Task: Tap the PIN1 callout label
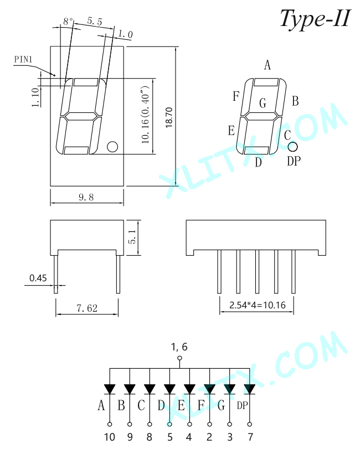[x=23, y=59]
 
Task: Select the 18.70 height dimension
[x=169, y=117]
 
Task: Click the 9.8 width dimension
[x=86, y=197]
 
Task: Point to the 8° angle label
[x=68, y=22]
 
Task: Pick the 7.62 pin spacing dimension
[x=87, y=308]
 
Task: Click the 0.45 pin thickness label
[x=38, y=278]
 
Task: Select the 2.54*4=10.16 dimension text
[x=258, y=305]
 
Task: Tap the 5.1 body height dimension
[x=132, y=237]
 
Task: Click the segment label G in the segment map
[x=263, y=103]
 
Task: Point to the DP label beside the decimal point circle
[x=294, y=161]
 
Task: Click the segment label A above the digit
[x=268, y=65]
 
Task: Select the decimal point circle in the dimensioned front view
[x=112, y=147]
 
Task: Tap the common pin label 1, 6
[x=179, y=347]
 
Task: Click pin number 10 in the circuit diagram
[x=110, y=437]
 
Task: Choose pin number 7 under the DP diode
[x=250, y=437]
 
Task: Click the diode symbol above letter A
[x=110, y=389]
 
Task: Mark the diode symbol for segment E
[x=189, y=389]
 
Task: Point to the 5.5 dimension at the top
[x=95, y=21]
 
